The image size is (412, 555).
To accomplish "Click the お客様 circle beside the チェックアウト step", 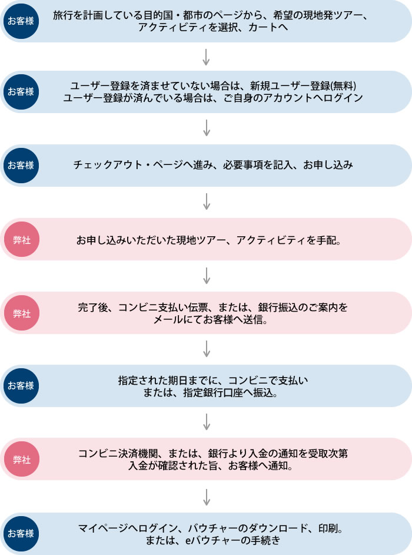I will [x=21, y=166].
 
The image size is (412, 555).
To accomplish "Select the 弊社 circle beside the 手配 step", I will [x=21, y=239].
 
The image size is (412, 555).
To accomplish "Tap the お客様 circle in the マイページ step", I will [x=21, y=534].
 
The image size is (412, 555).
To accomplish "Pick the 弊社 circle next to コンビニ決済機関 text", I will [x=21, y=460].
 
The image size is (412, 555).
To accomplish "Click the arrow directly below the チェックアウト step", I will [x=206, y=202].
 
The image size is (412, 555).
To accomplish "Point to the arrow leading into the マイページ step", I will [x=206, y=497].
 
